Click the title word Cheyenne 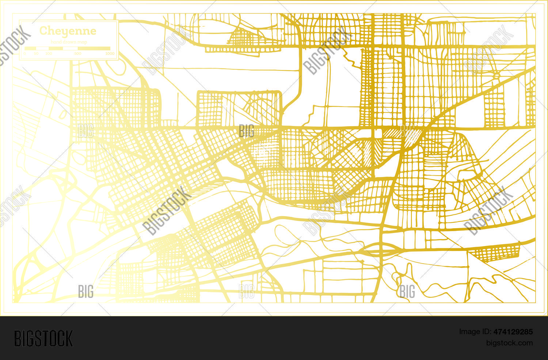[68, 31]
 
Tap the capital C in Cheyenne [43, 30]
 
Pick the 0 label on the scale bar [25, 54]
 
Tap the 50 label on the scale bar [36, 54]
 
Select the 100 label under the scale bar [49, 54]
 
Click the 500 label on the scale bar [78, 54]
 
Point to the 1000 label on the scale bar [110, 54]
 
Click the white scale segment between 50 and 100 [42, 48]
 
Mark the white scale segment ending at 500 [71, 48]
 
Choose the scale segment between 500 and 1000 [94, 48]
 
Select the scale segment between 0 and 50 [30, 48]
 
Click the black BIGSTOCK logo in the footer [43, 338]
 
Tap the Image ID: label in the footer [475, 332]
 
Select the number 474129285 [513, 332]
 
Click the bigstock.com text [509, 343]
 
